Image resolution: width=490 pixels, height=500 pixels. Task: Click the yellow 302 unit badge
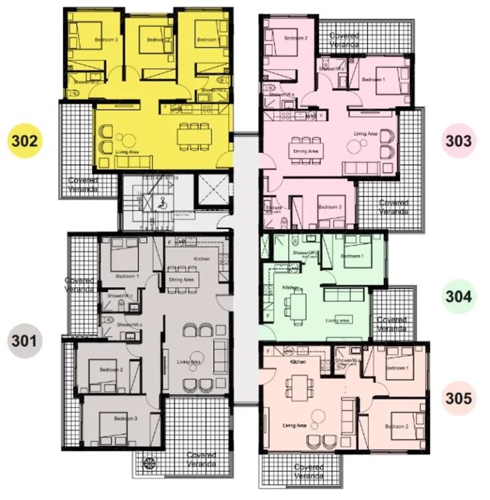tap(23, 141)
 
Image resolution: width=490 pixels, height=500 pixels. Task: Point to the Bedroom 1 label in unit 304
tap(353, 256)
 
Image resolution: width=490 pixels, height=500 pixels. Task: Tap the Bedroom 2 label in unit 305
tap(396, 425)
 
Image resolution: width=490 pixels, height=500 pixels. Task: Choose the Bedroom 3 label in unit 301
tap(126, 418)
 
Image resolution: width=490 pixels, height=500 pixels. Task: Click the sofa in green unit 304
tap(345, 297)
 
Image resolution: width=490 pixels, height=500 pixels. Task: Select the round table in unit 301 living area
tap(196, 358)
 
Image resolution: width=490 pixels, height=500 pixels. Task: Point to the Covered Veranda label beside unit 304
tap(392, 324)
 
